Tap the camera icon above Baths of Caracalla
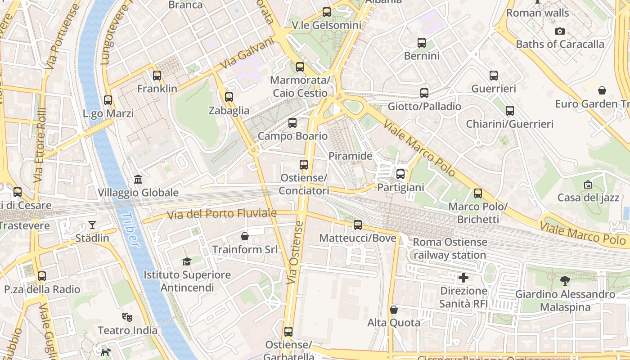560,31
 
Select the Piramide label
351,156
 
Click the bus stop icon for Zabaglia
229,97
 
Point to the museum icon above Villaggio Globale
138,179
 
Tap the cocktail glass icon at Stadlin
92,225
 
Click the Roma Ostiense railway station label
450,248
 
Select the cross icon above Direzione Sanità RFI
463,277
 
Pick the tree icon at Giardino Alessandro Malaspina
565,281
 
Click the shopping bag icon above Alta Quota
394,310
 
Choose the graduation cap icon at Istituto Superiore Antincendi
187,261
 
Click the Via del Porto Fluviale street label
221,214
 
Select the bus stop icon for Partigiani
400,174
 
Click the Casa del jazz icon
588,184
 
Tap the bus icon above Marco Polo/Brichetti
478,193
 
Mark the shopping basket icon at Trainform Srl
245,236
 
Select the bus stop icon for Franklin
157,76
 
